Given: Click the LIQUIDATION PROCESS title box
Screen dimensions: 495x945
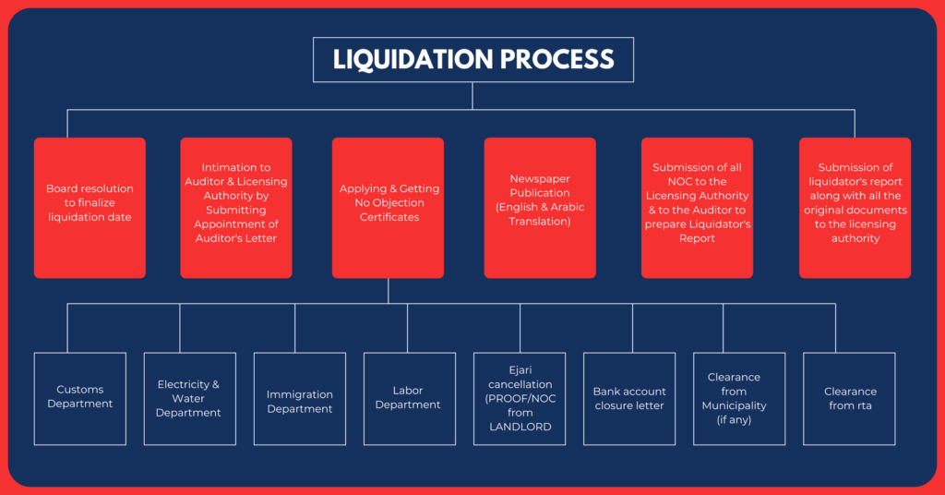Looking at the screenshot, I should [472, 59].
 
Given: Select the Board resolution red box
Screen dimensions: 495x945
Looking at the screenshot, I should [90, 208].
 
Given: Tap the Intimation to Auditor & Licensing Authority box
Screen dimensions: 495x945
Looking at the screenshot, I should [236, 208].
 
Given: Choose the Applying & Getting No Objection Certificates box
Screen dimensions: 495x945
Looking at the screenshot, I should [388, 208].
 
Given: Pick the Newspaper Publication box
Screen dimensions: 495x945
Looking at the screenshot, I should [540, 208].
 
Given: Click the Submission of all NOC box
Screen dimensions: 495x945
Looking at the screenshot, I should [697, 208].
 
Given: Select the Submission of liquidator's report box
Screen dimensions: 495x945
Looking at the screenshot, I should [855, 208].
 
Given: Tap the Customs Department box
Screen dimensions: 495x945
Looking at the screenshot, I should [80, 398].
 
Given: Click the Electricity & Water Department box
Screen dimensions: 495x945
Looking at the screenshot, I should [188, 398].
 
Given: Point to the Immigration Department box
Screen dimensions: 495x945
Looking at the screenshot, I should [300, 398].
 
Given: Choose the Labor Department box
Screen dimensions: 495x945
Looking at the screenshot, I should [408, 398].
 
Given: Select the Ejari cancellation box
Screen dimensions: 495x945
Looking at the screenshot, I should [520, 398].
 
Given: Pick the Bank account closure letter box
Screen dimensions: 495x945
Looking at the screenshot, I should [630, 398].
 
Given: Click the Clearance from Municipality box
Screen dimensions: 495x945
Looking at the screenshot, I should [739, 398].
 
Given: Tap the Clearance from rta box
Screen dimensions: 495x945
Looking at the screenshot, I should [850, 398].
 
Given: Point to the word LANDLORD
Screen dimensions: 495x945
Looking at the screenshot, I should [520, 427].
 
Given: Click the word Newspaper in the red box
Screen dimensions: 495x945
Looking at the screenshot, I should [540, 179].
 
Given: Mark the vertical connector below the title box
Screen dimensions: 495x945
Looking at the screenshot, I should [472, 96].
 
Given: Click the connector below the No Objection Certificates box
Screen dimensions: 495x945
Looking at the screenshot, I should [388, 291].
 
